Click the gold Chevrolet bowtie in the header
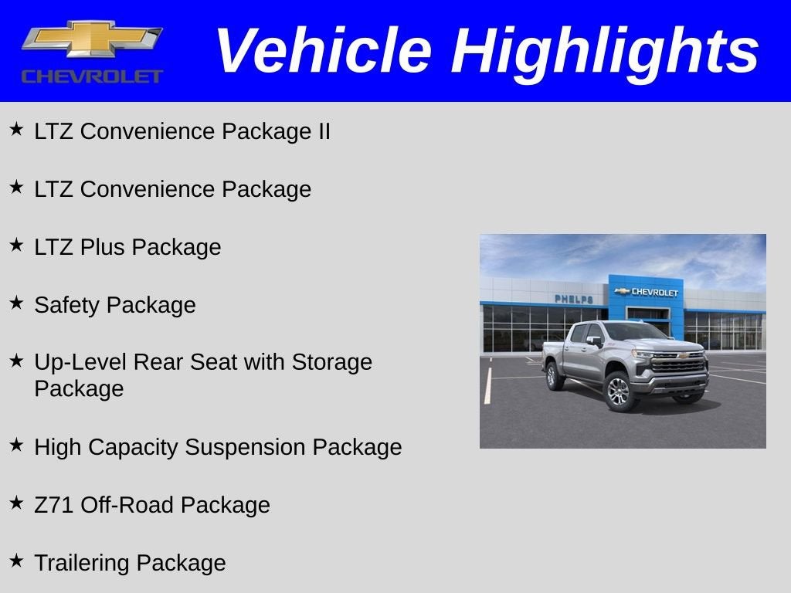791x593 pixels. (91, 39)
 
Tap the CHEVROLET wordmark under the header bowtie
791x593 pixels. (92, 76)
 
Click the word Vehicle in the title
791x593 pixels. (322, 51)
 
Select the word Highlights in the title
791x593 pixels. (605, 51)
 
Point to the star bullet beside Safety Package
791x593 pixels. (16, 303)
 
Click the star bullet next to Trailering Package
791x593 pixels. (16, 561)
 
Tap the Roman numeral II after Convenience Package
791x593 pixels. (323, 131)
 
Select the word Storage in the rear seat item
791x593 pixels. (331, 362)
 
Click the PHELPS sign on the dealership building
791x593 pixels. (573, 299)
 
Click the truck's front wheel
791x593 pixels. (618, 391)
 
